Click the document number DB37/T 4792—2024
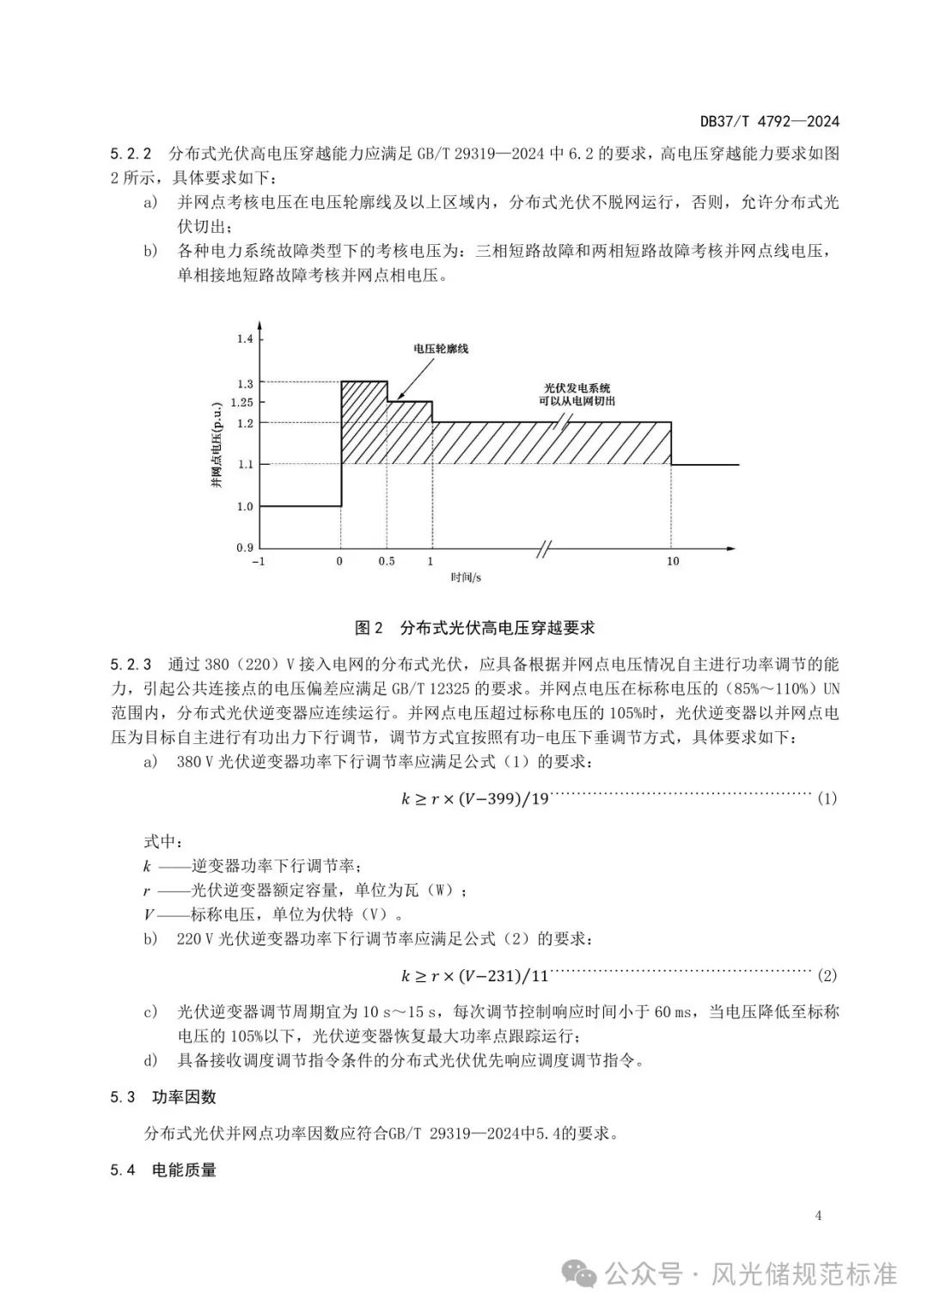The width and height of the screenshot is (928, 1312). point(769,121)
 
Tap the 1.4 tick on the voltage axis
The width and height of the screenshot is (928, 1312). point(246,339)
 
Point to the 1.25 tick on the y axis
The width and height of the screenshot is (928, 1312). point(242,401)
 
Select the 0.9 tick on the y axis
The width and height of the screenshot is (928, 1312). point(246,547)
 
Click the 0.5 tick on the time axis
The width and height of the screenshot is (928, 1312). point(387,561)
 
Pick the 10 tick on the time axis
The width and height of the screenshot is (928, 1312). point(673,561)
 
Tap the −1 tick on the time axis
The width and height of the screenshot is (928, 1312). point(257,561)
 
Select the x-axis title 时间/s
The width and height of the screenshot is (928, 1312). point(466,578)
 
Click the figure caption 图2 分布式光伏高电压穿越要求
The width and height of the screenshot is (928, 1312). point(475,627)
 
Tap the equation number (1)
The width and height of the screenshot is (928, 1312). point(826,798)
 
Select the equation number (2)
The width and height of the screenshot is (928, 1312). point(826,975)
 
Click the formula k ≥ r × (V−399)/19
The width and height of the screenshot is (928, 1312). point(474,798)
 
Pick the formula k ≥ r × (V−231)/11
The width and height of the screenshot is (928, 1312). point(474,975)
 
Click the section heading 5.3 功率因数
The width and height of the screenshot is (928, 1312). point(163,1097)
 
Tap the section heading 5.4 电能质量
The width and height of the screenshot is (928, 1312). point(163,1169)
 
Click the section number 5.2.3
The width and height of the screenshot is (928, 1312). point(131,664)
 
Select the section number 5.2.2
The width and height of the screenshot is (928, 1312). point(131,155)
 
